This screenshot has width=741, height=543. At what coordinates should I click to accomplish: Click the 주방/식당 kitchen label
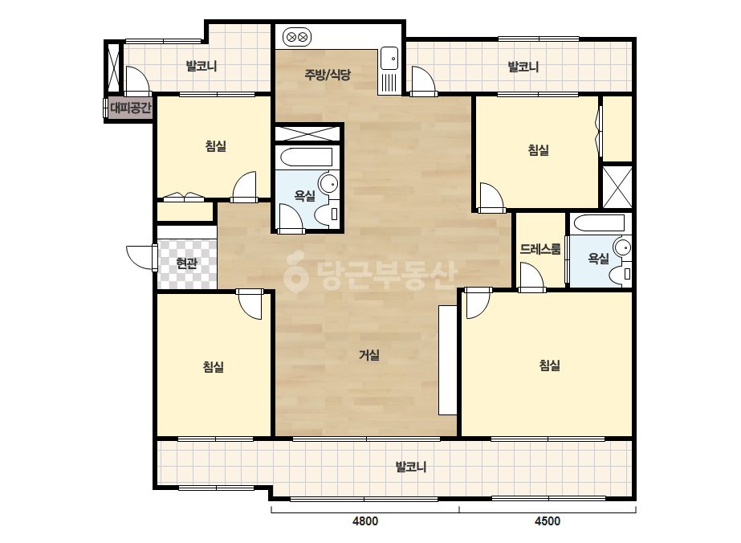pos(328,75)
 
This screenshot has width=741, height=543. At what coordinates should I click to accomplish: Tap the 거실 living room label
pos(369,355)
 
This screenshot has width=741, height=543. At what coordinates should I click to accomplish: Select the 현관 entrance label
pos(186,263)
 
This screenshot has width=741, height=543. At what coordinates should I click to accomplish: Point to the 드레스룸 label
pos(540,249)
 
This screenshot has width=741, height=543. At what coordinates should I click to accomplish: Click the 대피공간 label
pos(130,108)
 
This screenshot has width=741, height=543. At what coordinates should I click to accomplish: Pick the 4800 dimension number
pos(364,521)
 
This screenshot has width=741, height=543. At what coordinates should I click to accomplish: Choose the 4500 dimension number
pos(548,521)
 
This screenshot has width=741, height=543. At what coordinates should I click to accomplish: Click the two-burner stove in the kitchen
pos(297,37)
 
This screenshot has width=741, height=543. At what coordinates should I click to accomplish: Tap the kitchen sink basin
pos(389,59)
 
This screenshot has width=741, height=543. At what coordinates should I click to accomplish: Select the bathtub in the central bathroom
pos(305,157)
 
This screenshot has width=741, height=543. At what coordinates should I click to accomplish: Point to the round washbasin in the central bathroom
pos(328,183)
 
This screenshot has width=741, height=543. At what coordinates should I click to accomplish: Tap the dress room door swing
pos(531,276)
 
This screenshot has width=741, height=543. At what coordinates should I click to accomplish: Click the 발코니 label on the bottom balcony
pos(411,467)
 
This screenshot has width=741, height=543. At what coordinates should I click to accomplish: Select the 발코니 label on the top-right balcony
pos(523,67)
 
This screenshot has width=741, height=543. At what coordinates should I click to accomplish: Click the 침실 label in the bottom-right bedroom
pos(550,365)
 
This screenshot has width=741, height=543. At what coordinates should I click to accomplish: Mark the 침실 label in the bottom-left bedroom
pos(214,366)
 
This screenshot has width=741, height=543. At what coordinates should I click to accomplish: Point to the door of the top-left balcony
pos(137,80)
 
